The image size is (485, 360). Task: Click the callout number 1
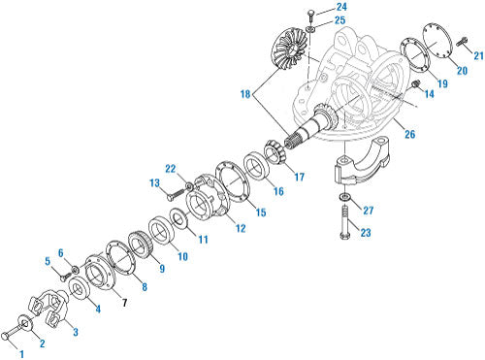21,354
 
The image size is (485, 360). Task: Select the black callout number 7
124,303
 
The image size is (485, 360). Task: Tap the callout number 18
245,94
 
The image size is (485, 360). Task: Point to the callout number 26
410,134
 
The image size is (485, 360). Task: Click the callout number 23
366,232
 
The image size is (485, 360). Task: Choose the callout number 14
430,94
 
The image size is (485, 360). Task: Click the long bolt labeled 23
344,223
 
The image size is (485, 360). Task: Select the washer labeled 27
344,197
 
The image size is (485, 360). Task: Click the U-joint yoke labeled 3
51,308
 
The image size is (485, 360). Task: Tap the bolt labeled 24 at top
310,16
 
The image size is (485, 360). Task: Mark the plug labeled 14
415,84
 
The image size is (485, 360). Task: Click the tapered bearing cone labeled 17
275,152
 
